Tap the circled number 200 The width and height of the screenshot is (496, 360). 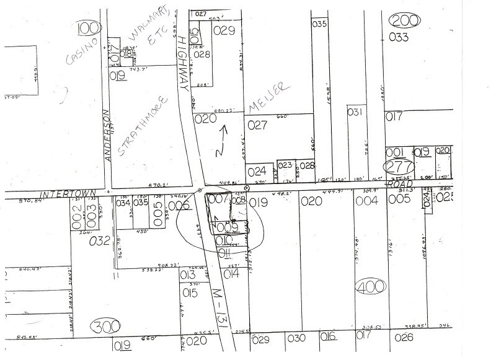click(x=405, y=20)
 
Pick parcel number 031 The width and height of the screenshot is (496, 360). click(x=355, y=112)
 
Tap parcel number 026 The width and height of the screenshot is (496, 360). click(x=407, y=337)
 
